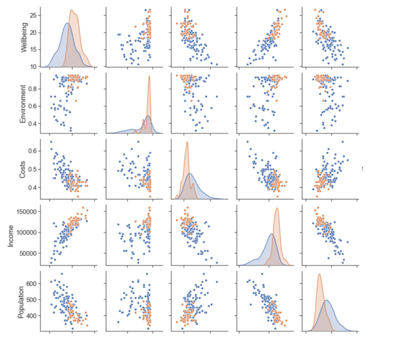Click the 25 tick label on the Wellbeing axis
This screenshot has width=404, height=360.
point(32,15)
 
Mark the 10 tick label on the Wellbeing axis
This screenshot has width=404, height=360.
point(32,67)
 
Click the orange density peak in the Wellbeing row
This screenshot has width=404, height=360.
point(72,10)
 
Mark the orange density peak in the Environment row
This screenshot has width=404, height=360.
point(150,76)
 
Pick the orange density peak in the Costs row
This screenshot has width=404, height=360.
point(187,142)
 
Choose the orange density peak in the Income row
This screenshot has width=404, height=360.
point(277,208)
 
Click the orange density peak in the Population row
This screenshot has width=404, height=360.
point(319,274)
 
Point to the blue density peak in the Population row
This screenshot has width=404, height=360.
point(327,300)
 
